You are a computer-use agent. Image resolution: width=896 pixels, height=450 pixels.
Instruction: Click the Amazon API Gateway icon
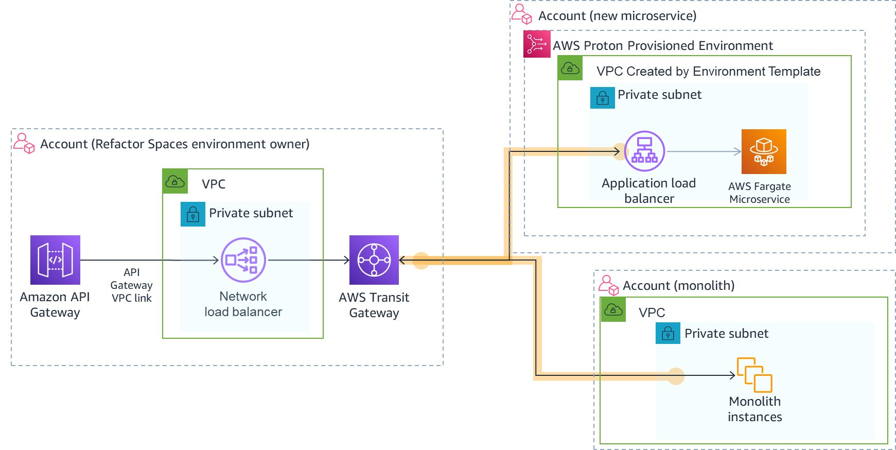pos(55,260)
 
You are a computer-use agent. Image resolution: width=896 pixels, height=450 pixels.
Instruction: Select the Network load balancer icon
pos(243,260)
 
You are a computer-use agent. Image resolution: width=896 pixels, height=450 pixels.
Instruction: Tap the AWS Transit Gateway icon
pos(374,260)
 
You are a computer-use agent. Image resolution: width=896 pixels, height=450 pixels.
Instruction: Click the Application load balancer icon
pos(644,151)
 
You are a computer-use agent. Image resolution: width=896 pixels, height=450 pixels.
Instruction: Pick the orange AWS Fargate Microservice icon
pos(764,151)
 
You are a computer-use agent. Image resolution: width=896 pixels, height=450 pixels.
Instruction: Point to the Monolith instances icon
pos(754,375)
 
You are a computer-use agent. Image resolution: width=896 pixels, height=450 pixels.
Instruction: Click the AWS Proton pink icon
pos(537,44)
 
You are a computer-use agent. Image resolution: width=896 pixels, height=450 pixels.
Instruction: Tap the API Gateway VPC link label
pos(132,285)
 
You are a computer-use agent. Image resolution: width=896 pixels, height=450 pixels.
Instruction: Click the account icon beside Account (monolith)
pos(608,285)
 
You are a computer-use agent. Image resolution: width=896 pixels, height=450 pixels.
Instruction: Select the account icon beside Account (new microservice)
pos(521,14)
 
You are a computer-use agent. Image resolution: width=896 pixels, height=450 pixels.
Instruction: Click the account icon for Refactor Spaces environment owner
pos(24,143)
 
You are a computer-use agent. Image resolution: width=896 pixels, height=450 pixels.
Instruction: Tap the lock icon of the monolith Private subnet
pos(668,334)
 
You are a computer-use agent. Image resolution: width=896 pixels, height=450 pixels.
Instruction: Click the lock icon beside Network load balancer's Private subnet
pos(193,214)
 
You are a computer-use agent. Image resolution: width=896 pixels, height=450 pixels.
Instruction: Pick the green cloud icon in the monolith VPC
pos(613,310)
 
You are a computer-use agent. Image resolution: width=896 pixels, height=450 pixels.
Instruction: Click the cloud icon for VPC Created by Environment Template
pos(570,68)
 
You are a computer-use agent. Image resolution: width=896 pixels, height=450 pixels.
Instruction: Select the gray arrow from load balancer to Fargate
pos(702,151)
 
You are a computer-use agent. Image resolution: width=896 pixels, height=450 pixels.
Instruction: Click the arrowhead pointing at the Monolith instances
pos(732,375)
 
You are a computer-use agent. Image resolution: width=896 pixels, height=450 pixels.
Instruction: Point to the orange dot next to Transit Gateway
pos(421,261)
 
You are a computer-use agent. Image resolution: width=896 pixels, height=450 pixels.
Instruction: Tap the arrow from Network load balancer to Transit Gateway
pos(309,260)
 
